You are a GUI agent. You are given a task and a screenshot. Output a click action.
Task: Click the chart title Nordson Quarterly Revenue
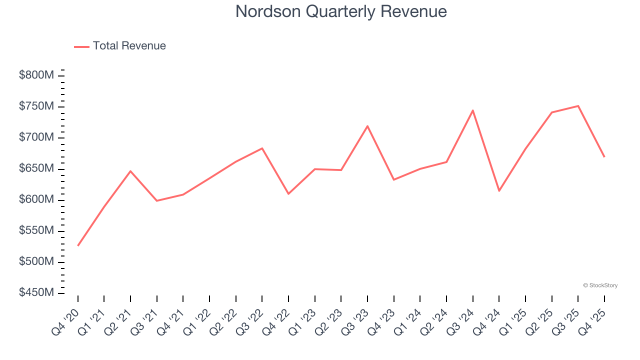tap(341, 11)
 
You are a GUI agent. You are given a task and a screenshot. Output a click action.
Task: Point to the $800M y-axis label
tap(36, 75)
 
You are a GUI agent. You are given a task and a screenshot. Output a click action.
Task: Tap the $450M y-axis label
tap(36, 292)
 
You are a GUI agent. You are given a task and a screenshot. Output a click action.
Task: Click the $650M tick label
tap(36, 168)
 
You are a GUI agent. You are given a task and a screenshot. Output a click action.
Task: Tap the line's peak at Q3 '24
tap(472, 110)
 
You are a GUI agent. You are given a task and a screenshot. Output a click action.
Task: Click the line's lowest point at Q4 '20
tap(78, 245)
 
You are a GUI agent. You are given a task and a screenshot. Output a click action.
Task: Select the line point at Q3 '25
tap(578, 106)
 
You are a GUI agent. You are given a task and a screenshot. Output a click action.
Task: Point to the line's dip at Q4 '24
tap(499, 190)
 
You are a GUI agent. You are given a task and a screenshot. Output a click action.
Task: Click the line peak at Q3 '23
tap(367, 126)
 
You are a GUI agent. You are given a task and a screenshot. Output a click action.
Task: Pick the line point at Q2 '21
tap(130, 171)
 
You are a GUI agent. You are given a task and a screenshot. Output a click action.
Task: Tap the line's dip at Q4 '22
tap(288, 193)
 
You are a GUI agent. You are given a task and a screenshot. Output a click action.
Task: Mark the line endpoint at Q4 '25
tap(604, 156)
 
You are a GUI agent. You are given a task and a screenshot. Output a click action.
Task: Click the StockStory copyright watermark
tap(600, 285)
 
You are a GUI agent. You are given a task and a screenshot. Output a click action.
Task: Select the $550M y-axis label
tap(36, 230)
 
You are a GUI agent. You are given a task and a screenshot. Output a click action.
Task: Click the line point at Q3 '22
tap(262, 148)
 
